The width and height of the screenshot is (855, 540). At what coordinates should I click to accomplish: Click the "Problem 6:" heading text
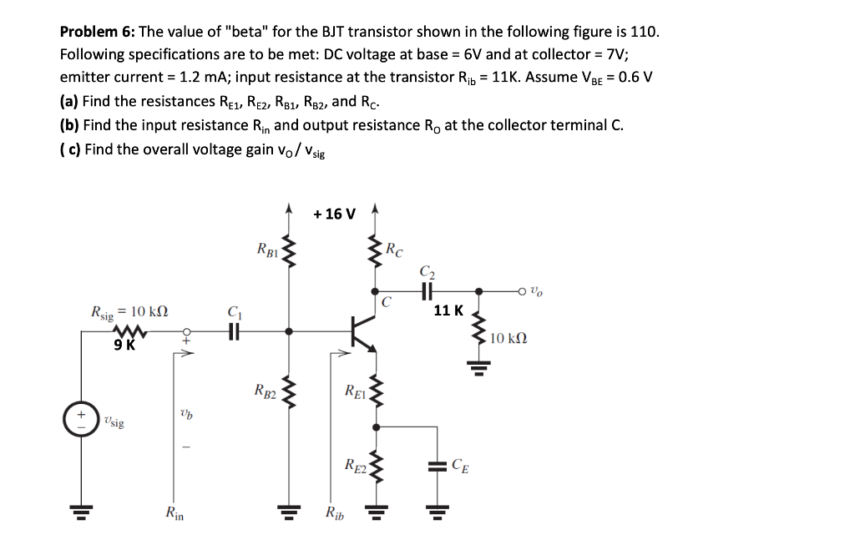point(98,33)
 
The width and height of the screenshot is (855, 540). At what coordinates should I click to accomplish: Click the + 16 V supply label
point(335,214)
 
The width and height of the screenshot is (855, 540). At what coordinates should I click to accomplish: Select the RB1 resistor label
point(268,248)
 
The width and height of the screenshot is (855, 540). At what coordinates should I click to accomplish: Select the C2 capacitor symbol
point(427,291)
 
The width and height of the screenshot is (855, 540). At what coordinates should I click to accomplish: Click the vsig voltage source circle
point(81,418)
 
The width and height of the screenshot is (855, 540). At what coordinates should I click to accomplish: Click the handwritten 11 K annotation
point(448,310)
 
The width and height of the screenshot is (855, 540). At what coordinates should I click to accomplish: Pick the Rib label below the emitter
point(333,512)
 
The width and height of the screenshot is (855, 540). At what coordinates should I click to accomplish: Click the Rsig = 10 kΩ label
point(129,312)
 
